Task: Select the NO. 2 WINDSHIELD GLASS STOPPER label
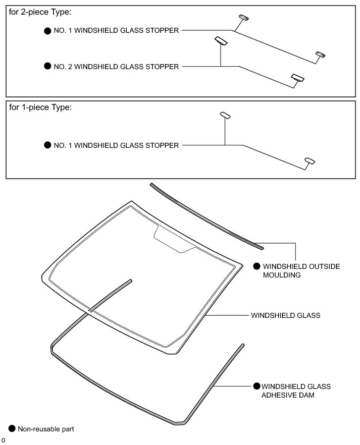pos(116,66)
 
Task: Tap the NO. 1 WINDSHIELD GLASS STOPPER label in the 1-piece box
pos(116,145)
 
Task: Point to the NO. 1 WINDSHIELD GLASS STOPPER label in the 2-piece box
pos(116,30)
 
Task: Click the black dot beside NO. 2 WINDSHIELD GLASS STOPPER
pos(48,66)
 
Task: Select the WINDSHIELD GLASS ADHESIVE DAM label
pos(296,391)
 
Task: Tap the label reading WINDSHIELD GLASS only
pos(285,315)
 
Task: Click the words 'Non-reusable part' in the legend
pos(46,429)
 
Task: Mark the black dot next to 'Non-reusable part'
pos(13,429)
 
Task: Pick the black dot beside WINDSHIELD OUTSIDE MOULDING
pos(256,266)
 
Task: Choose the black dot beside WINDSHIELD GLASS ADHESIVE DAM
pos(256,386)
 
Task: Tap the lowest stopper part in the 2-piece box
pos(297,78)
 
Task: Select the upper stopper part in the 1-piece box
pos(225,116)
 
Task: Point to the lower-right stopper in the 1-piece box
pos(310,161)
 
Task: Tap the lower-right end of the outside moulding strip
pos(260,247)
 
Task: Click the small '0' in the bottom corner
pos(3,440)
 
